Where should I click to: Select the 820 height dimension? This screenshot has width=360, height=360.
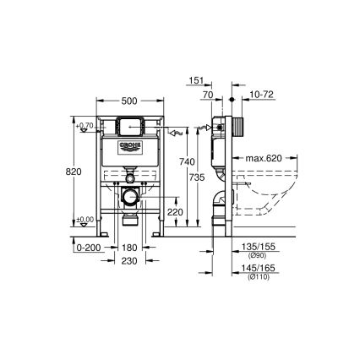(x=74, y=170)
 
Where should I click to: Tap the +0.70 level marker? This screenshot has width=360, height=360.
(x=85, y=127)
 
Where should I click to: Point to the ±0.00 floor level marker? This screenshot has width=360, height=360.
(x=85, y=221)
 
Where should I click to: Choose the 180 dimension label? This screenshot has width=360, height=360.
(x=128, y=248)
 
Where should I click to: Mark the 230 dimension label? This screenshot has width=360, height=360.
(x=128, y=262)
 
